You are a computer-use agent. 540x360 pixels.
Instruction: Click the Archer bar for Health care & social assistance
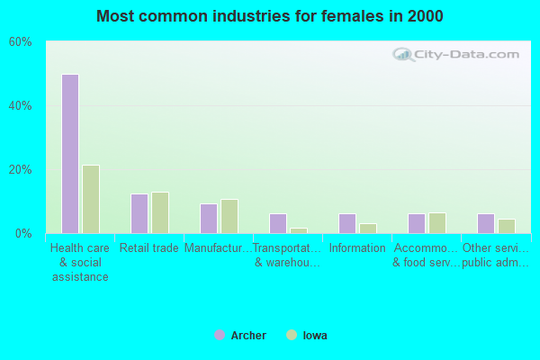[70, 154]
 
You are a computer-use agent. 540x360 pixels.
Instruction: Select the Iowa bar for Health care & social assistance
[91, 199]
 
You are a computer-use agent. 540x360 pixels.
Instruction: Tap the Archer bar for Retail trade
[139, 213]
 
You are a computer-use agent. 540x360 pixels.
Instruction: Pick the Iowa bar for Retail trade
[160, 212]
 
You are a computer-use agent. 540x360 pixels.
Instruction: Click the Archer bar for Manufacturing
[209, 219]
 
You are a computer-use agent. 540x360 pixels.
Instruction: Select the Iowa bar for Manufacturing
[229, 216]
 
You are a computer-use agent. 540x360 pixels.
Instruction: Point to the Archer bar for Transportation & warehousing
[278, 223]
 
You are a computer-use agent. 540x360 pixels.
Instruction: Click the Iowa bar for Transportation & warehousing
[299, 230]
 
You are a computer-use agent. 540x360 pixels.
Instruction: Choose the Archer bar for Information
[347, 223]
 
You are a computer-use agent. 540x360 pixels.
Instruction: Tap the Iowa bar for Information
[368, 229]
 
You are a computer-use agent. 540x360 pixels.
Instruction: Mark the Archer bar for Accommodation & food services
[417, 223]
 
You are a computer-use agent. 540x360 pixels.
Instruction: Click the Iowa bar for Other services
[507, 226]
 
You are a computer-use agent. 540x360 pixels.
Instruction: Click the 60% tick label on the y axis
[21, 42]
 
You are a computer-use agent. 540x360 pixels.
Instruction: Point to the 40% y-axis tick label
[21, 106]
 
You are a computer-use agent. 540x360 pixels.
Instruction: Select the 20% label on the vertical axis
[21, 170]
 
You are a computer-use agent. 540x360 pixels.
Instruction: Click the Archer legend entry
[240, 336]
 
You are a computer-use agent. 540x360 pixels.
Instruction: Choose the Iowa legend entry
[307, 336]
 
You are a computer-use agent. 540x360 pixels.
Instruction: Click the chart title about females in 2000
[270, 16]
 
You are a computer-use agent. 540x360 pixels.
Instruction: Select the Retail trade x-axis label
[149, 248]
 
